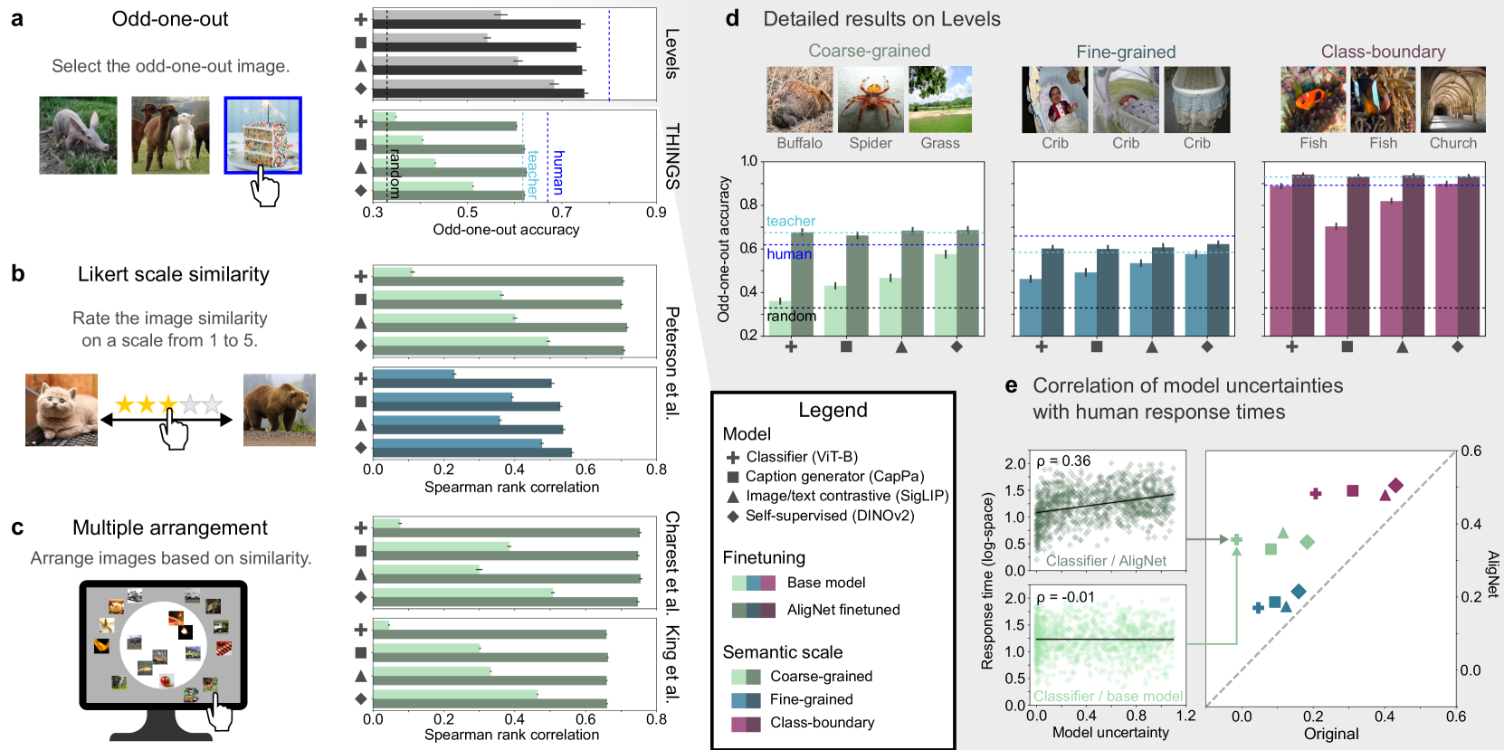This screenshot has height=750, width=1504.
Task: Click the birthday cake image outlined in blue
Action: [262, 135]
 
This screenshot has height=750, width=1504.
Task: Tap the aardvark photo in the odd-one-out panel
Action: [78, 135]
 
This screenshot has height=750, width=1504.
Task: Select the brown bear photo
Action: [279, 410]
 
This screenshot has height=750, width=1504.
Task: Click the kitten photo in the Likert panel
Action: [62, 410]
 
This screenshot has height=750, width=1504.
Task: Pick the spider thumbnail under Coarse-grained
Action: [871, 100]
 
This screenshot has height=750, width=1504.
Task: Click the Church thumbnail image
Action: [1452, 100]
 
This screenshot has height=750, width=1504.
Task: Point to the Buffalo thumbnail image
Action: [799, 100]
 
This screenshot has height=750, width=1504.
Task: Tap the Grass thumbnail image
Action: [940, 100]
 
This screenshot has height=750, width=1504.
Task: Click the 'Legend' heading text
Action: [833, 410]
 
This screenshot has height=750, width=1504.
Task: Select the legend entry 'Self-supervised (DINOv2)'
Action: [829, 516]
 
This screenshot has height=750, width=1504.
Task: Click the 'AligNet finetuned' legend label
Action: [843, 610]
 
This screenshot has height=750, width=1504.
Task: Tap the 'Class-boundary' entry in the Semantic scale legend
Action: [822, 722]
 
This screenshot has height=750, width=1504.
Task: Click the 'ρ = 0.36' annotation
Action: [1063, 461]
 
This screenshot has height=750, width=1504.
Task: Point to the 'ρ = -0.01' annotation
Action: [1065, 597]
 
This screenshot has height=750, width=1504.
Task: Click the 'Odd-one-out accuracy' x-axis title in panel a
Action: [506, 230]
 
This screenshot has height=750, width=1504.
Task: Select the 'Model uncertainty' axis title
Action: [1110, 732]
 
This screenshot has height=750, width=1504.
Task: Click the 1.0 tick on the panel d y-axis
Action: [748, 161]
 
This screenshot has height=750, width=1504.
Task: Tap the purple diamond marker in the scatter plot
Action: [1395, 486]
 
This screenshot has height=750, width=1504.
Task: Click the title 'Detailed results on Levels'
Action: [881, 19]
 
